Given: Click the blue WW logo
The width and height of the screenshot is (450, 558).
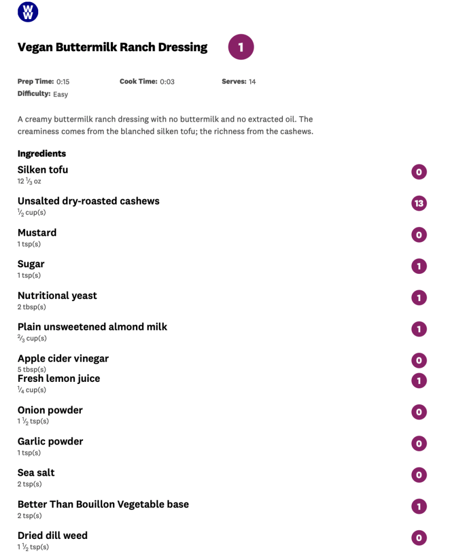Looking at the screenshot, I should tap(28, 12).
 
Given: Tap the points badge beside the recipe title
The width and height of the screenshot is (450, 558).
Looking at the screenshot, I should tap(241, 47).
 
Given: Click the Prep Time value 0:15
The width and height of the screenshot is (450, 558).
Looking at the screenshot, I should tap(63, 82).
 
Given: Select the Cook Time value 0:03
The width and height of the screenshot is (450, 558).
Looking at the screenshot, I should tap(167, 82).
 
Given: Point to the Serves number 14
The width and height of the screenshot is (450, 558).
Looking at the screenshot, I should tap(252, 82).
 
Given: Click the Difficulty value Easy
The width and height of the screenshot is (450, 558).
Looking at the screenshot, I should tap(61, 94).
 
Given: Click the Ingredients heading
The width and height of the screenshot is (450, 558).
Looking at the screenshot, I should tap(42, 154).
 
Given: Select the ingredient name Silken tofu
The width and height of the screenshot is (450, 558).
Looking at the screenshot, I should tap(43, 170).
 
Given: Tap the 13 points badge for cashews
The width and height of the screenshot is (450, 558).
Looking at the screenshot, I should tap(419, 203).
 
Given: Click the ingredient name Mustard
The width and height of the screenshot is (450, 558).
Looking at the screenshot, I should tap(37, 233).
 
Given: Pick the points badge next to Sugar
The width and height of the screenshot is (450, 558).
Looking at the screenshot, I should tap(419, 266).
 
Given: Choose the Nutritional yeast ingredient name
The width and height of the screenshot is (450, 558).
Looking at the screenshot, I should tap(57, 296).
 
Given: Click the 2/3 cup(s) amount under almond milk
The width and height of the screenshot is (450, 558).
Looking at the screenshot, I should tap(32, 338).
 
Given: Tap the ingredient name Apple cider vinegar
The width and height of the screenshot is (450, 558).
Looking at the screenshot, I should tap(63, 358).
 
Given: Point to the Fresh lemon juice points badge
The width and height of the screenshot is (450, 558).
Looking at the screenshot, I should tap(419, 381).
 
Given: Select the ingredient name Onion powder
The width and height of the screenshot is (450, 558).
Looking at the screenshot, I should tap(50, 410).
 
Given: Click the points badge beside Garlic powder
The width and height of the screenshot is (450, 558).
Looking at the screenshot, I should tap(419, 443).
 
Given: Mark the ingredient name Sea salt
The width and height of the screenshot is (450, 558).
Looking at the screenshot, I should tap(36, 473).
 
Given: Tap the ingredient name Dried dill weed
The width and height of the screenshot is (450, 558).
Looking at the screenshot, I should tap(52, 536).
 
